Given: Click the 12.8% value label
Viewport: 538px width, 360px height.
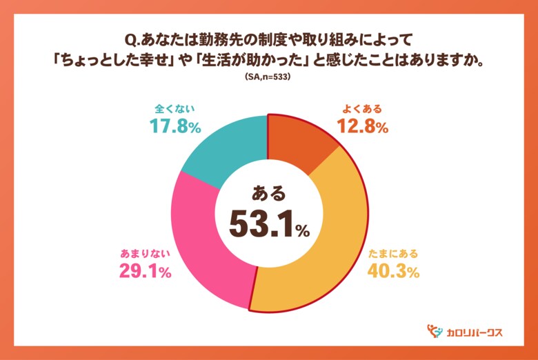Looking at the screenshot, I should click(362, 127).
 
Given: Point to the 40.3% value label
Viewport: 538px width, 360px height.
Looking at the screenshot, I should click(392, 272).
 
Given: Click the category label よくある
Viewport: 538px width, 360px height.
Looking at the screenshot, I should click(362, 109).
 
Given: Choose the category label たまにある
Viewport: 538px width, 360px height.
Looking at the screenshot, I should click(392, 253).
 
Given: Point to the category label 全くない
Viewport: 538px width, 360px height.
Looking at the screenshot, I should click(175, 109).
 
